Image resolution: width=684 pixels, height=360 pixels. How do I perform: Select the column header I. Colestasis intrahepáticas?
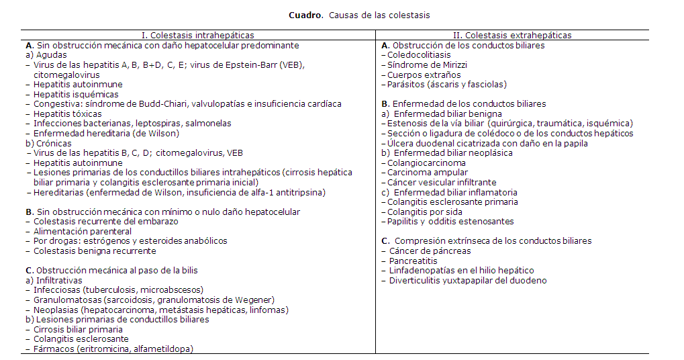tap(197, 35)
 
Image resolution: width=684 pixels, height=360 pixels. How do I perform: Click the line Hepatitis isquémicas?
tap(71, 94)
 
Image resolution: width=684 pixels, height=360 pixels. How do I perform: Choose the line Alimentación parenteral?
tap(83, 231)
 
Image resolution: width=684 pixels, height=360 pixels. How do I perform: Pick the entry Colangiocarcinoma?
tap(426, 163)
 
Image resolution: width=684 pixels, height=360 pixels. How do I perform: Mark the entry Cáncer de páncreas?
tap(430, 251)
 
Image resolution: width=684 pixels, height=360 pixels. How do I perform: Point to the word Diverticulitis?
tap(416, 280)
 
